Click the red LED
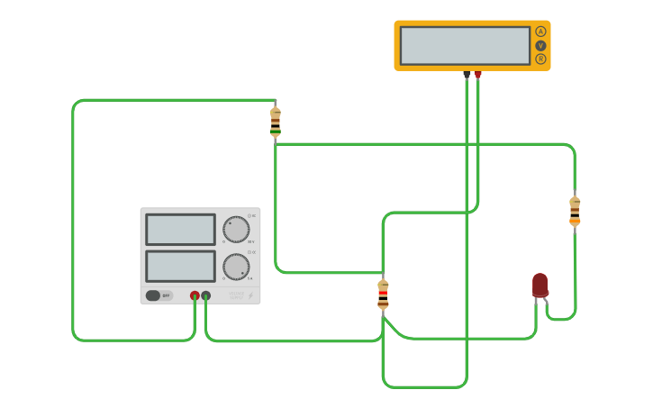pyautogui.click(x=540, y=285)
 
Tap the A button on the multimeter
pyautogui.click(x=540, y=32)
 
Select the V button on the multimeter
pyautogui.click(x=540, y=45)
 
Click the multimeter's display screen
pyautogui.click(x=465, y=45)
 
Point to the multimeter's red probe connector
pyautogui.click(x=477, y=75)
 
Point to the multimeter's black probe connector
pyautogui.click(x=467, y=75)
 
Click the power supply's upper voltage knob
pyautogui.click(x=236, y=229)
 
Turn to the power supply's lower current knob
pyautogui.click(x=236, y=267)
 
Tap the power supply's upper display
pyautogui.click(x=180, y=229)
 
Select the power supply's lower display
pyautogui.click(x=180, y=267)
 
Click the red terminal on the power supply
pyautogui.click(x=195, y=295)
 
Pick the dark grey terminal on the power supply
pyautogui.click(x=206, y=295)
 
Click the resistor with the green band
pyautogui.click(x=276, y=122)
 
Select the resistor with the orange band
pyautogui.click(x=575, y=212)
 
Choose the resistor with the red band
pyautogui.click(x=383, y=295)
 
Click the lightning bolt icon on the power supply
pyautogui.click(x=250, y=295)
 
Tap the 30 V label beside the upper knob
pyautogui.click(x=251, y=242)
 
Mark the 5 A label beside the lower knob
pyautogui.click(x=251, y=279)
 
